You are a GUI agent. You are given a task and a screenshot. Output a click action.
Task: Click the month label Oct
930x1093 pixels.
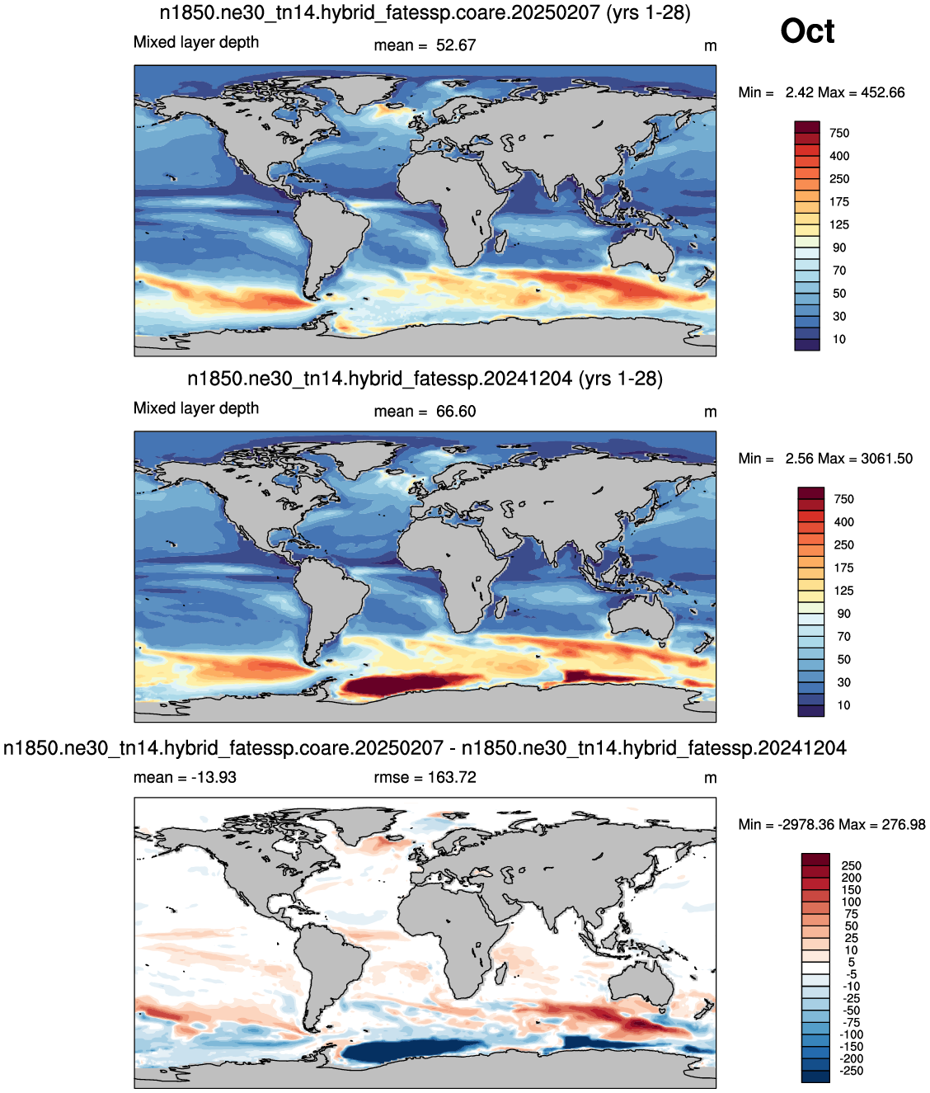click(x=807, y=31)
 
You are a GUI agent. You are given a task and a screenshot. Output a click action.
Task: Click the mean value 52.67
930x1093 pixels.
click(x=455, y=45)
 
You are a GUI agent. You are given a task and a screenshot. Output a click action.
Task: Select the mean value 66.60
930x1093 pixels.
click(x=455, y=412)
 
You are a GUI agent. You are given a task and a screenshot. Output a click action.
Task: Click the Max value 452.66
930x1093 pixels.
click(x=882, y=92)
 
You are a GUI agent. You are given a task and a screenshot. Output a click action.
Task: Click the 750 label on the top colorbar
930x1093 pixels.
click(x=839, y=134)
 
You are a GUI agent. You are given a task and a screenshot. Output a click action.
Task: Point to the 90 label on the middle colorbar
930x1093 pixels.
click(x=844, y=614)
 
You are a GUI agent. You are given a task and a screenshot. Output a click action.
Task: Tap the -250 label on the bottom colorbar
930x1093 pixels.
click(x=852, y=1071)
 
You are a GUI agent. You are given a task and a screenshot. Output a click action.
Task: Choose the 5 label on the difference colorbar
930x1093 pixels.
click(x=852, y=963)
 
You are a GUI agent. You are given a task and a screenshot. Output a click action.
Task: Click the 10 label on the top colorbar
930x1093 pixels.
click(x=839, y=340)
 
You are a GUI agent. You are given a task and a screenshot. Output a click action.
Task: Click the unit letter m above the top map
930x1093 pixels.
click(x=710, y=46)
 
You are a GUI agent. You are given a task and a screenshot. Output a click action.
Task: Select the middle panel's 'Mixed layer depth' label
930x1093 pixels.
click(x=196, y=408)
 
